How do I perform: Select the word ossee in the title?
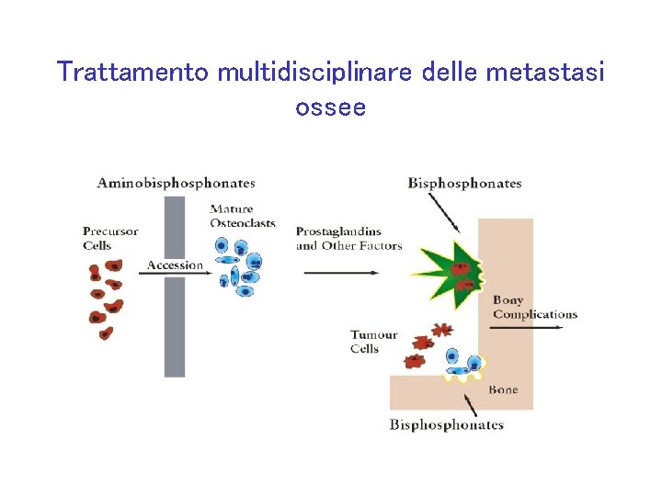point(330,107)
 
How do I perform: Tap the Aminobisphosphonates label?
point(177,184)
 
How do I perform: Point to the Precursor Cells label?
point(109,238)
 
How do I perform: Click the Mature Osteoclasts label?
point(243,216)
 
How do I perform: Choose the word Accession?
point(175,265)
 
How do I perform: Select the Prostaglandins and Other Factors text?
point(349,238)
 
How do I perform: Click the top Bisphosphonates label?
point(464,184)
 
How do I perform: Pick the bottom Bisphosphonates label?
point(447,424)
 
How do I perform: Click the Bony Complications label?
point(534,307)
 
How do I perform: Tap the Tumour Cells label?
point(373,342)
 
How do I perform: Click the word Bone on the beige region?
point(503,389)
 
